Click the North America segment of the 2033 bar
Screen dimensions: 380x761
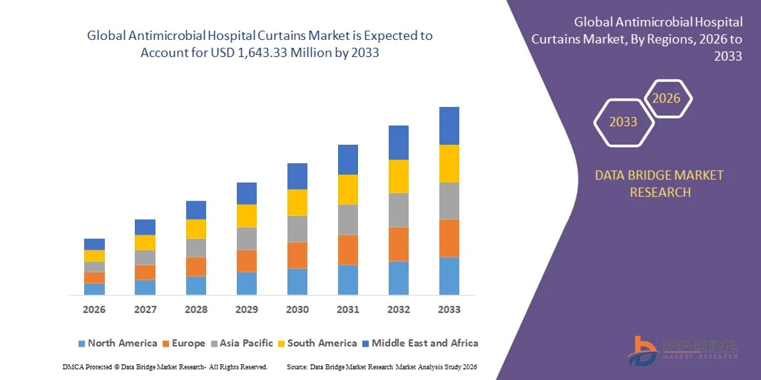[449, 276]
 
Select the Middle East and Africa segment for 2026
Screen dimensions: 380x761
[94, 244]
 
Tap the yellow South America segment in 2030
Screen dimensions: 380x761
[297, 202]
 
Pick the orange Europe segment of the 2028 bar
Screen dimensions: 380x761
[196, 267]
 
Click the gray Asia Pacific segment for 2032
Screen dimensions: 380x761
[398, 210]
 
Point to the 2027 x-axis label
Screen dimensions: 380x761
[145, 309]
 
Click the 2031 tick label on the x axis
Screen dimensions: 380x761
[347, 309]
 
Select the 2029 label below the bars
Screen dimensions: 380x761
[246, 309]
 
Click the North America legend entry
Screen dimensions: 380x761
[117, 343]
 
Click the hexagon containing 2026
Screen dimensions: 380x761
[668, 98]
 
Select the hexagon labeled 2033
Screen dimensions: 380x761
[623, 122]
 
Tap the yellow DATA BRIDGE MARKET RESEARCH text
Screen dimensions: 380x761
[660, 183]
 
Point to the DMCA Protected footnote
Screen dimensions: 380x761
[165, 366]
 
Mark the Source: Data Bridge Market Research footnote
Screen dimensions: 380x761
[382, 366]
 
